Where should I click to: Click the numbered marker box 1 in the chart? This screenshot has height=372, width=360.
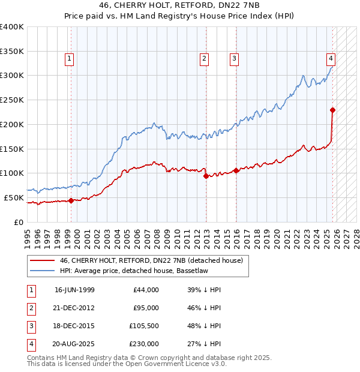(70, 58)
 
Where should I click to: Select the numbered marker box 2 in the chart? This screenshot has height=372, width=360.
(205, 58)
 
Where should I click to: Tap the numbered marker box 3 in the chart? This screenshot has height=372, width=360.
(233, 58)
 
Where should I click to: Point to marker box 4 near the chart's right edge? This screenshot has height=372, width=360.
(331, 58)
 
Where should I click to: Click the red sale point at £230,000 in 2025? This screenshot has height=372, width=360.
(332, 110)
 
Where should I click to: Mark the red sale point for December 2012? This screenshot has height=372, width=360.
(206, 176)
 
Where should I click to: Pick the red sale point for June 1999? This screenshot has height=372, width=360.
(71, 200)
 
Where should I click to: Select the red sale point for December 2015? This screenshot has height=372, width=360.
(236, 170)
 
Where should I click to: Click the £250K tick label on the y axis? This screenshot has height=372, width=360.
(11, 100)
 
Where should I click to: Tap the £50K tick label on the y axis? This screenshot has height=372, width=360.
(13, 197)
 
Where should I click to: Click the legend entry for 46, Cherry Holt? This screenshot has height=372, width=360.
(151, 260)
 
